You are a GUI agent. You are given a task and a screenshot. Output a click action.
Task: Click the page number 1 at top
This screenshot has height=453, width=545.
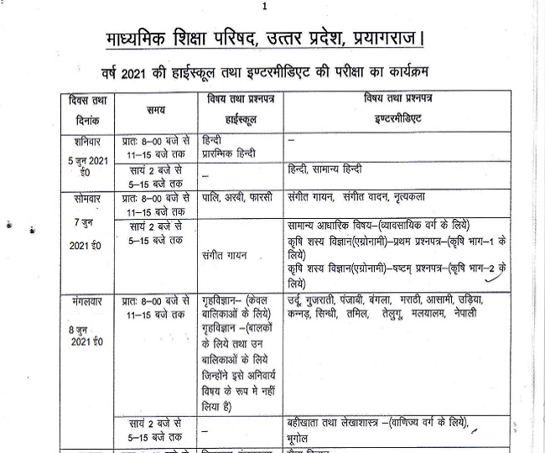(265, 7)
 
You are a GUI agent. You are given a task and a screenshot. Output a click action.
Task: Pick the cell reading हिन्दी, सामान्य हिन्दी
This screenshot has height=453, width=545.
(330, 171)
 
